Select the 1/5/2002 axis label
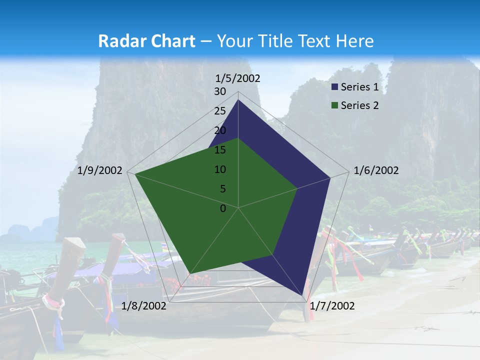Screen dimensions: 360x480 (238, 78)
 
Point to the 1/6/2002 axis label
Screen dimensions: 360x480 (376, 170)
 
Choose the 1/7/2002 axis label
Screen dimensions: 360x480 (332, 306)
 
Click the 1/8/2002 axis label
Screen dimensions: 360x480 (144, 306)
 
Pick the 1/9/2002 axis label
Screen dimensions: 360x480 (100, 170)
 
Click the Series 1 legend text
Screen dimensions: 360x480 (359, 87)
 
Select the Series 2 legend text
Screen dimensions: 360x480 (359, 105)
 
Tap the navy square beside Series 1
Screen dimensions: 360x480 (335, 87)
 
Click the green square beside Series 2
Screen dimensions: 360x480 (335, 105)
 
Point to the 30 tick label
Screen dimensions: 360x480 (220, 91)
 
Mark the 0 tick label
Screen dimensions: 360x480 (223, 208)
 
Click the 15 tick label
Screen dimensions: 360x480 (220, 150)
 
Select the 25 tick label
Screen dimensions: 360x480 (220, 111)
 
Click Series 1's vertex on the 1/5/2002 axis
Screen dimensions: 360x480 (238, 99)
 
